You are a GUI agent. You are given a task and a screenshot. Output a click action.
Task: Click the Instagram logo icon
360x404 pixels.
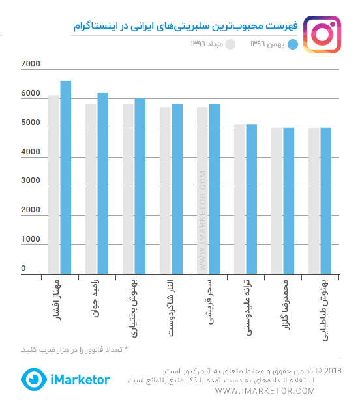click(322, 35)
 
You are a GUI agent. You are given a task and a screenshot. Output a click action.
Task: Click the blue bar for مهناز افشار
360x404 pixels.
click(66, 177)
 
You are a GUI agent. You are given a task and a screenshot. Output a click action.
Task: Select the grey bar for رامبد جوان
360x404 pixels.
click(91, 189)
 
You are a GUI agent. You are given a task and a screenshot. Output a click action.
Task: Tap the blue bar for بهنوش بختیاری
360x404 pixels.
click(140, 186)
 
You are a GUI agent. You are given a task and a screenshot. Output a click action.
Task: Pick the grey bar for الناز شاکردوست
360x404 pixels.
click(165, 190)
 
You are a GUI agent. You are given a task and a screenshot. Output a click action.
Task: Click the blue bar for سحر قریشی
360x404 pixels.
click(215, 189)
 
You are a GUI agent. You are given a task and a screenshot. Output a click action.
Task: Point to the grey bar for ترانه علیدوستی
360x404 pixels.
click(239, 199)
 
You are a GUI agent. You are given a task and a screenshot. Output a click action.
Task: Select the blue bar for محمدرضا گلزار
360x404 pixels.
click(288, 201)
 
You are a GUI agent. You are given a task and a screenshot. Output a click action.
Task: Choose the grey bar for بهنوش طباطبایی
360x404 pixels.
click(314, 201)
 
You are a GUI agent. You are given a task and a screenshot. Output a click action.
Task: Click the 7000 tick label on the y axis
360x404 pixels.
click(31, 64)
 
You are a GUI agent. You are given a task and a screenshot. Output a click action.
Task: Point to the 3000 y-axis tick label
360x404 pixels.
click(31, 180)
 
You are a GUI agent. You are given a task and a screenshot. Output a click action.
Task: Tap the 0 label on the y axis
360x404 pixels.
click(23, 268)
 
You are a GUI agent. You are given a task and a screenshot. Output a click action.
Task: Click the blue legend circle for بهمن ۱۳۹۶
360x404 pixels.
click(293, 44)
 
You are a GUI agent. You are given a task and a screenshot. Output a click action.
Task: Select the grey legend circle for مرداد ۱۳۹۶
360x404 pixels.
click(230, 44)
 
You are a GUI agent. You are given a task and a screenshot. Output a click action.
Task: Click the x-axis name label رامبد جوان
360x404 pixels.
click(95, 298)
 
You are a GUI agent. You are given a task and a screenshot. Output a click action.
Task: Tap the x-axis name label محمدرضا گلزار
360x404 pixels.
click(286, 305)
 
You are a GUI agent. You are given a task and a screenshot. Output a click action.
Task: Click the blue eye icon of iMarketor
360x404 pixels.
click(34, 379)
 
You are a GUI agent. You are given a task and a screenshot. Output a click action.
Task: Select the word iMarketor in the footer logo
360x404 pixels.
click(80, 380)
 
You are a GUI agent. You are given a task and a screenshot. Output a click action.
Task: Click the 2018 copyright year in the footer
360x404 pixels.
click(333, 371)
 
